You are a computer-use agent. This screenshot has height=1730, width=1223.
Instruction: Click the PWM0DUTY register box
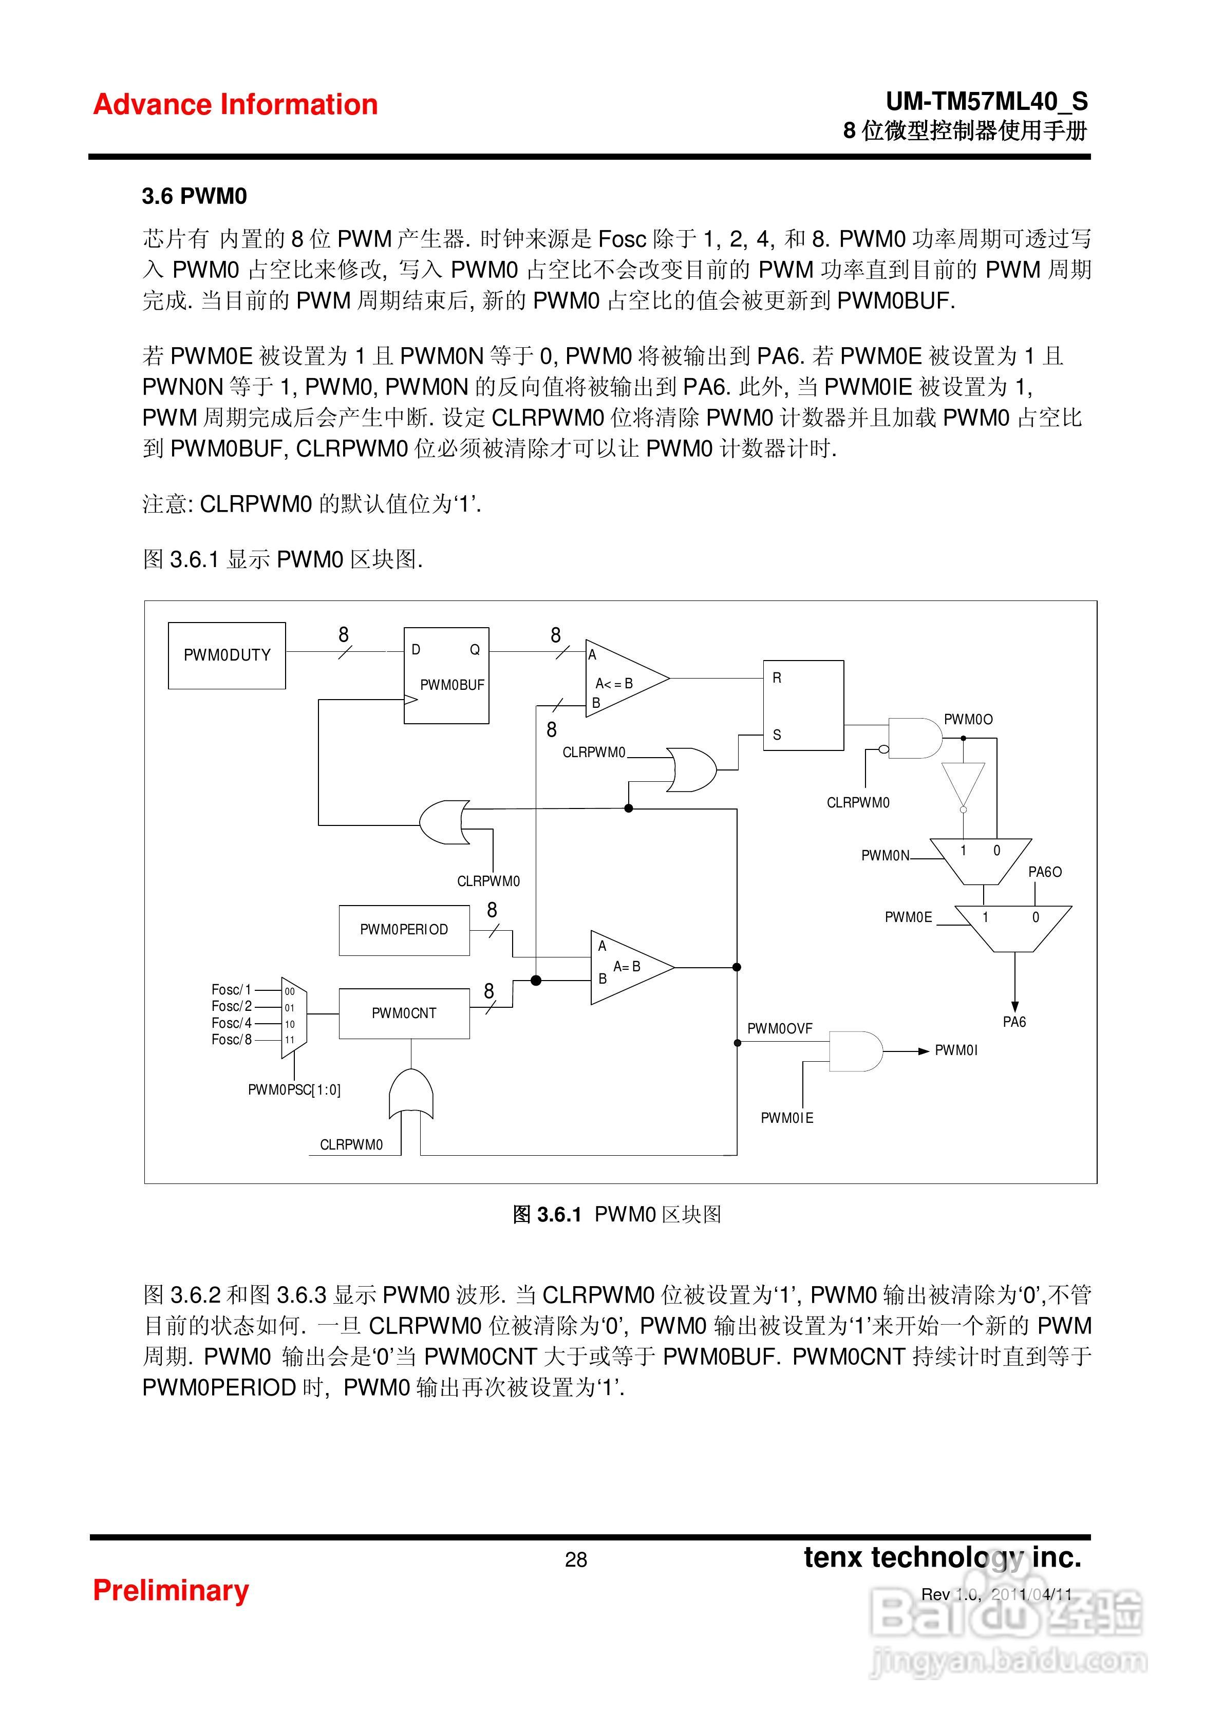coord(227,655)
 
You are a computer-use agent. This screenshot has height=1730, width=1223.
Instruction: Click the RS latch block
coord(803,705)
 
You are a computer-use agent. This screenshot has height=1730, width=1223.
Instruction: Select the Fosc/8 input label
coord(231,1039)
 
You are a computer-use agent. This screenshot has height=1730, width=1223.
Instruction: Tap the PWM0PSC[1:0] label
coord(294,1089)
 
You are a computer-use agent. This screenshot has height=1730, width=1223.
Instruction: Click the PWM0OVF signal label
coord(779,1028)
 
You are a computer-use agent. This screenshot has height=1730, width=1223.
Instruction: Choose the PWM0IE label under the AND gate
coord(787,1118)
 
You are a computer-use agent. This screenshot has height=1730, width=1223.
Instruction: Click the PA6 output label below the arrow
coord(1014,1022)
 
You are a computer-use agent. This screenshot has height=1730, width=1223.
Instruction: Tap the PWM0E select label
coord(908,917)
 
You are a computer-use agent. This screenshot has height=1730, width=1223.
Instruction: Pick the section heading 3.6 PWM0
coord(194,197)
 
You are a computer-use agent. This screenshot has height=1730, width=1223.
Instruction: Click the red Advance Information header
coord(235,105)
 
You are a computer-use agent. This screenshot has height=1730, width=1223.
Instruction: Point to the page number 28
coord(576,1559)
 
